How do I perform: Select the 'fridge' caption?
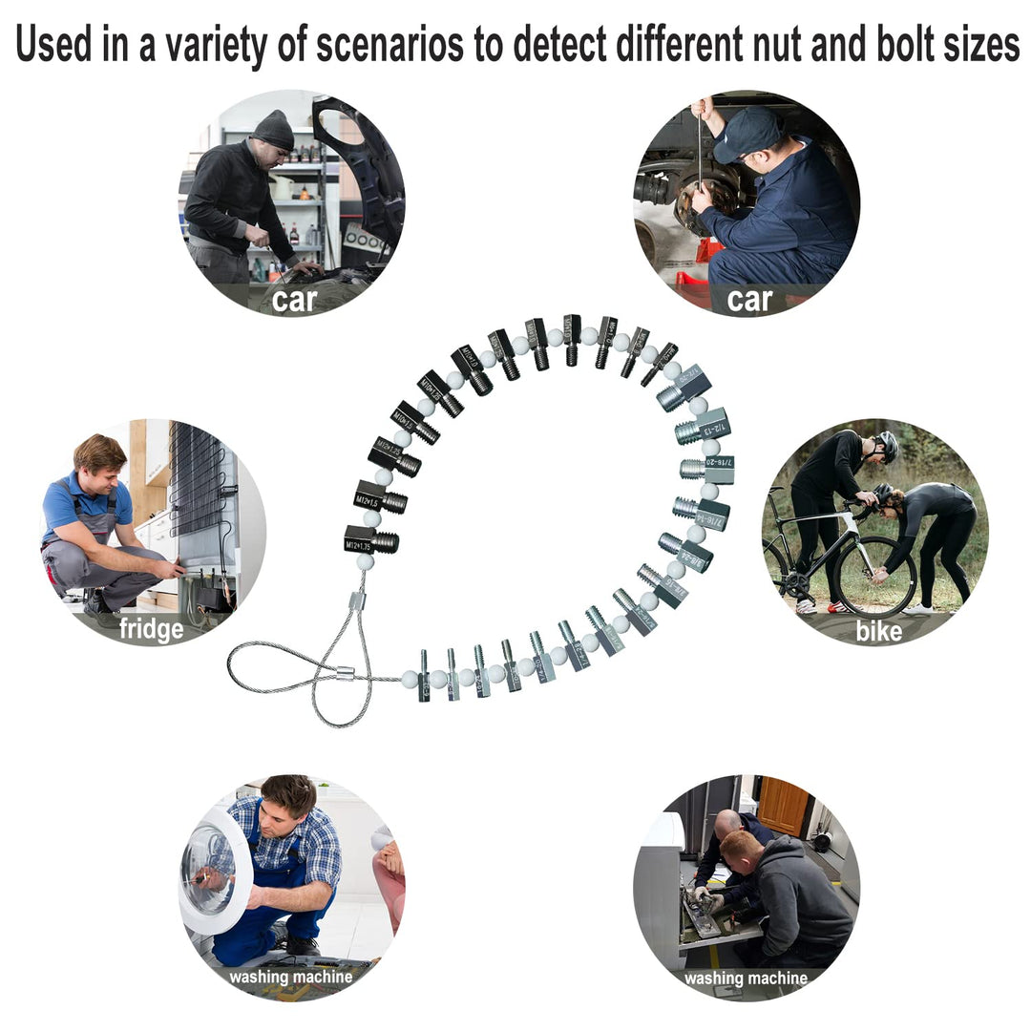click(x=151, y=629)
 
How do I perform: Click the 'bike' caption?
click(x=878, y=629)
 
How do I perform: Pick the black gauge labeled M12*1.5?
click(x=379, y=498)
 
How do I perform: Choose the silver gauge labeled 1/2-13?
click(x=704, y=428)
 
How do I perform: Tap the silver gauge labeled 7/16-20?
click(x=708, y=470)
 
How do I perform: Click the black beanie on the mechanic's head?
click(x=274, y=130)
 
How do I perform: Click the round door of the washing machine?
click(x=212, y=870)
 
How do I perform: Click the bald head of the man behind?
click(x=729, y=823)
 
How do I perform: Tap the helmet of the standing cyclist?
click(x=887, y=444)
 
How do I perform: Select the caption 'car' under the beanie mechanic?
click(x=294, y=299)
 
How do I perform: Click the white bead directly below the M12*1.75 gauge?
click(x=365, y=562)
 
